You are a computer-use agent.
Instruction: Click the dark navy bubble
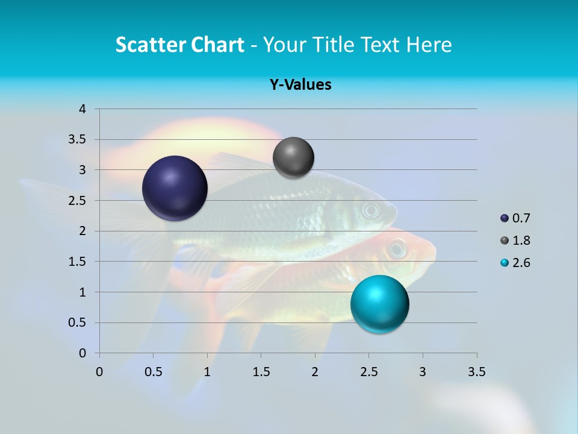pyautogui.click(x=175, y=188)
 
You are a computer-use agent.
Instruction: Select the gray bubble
pyautogui.click(x=293, y=157)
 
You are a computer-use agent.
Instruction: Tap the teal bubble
pyautogui.click(x=379, y=304)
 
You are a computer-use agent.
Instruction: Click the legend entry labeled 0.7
pyautogui.click(x=515, y=218)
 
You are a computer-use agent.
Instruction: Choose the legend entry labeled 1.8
pyautogui.click(x=515, y=241)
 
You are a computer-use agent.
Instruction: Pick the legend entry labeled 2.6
pyautogui.click(x=515, y=263)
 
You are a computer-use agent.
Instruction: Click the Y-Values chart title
pyautogui.click(x=300, y=85)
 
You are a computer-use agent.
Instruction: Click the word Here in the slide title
pyautogui.click(x=428, y=45)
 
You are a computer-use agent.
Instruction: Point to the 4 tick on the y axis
pyautogui.click(x=82, y=109)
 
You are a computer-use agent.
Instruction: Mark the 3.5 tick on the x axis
pyautogui.click(x=476, y=372)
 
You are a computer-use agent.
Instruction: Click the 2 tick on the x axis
pyautogui.click(x=315, y=372)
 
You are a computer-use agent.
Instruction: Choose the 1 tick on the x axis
pyautogui.click(x=207, y=372)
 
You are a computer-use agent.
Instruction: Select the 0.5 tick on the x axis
pyautogui.click(x=154, y=372)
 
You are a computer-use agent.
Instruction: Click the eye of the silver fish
pyautogui.click(x=371, y=210)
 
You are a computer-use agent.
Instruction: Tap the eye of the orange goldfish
pyautogui.click(x=397, y=248)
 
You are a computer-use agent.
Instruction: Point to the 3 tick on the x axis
pyautogui.click(x=423, y=372)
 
